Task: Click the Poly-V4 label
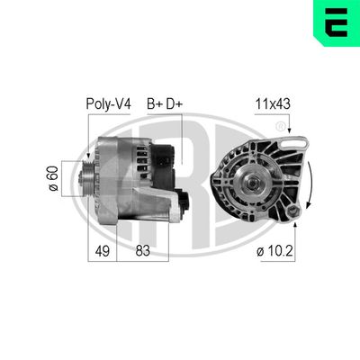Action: click(x=107, y=105)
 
